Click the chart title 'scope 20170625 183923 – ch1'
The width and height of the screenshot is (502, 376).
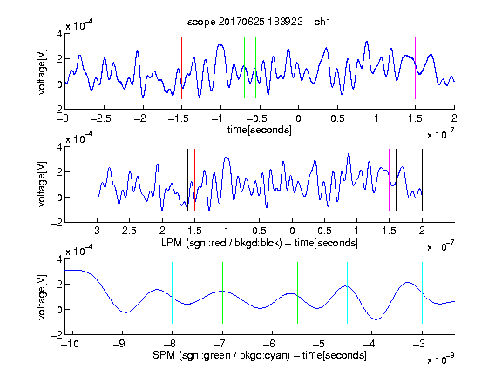pos(259,22)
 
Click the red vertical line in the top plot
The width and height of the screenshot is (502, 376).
pos(181,68)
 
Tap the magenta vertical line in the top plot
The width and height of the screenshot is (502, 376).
pos(415,68)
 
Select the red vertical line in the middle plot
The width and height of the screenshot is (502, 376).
pos(194,180)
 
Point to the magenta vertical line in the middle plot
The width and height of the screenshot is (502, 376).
pos(389,180)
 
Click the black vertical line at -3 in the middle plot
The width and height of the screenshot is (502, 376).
pos(98,180)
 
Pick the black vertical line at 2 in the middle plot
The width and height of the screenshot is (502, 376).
pos(422,180)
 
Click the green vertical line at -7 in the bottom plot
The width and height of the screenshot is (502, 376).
pos(222,292)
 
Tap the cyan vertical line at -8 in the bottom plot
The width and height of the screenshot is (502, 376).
pos(173,292)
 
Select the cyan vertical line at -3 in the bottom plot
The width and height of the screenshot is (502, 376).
pos(422,292)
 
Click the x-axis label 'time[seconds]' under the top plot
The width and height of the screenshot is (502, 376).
pos(260,130)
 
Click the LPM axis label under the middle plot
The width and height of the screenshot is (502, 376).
pos(260,243)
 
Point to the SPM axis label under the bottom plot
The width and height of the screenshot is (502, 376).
pos(260,355)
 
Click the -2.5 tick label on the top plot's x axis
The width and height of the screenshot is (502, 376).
pos(100,118)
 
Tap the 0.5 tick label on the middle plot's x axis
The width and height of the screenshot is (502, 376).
pos(324,231)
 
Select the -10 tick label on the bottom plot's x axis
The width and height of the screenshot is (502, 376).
pos(70,344)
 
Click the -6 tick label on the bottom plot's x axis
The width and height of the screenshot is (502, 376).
pos(270,344)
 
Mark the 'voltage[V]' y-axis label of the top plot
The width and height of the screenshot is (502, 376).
pos(42,71)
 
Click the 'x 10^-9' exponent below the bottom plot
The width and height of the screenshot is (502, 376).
pos(440,359)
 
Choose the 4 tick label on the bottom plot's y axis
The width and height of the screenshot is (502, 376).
pos(59,259)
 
